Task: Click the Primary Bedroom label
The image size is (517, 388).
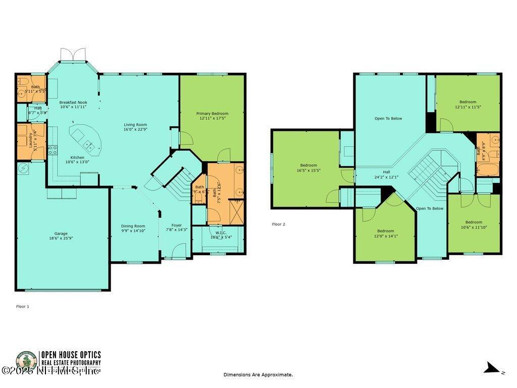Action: point(212,114)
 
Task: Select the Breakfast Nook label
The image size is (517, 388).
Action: point(73,103)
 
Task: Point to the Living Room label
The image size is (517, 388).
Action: point(135,125)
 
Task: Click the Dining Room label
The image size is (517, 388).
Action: point(133,226)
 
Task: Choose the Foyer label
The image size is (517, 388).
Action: point(176,225)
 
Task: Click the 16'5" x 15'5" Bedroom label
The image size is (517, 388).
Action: point(308,165)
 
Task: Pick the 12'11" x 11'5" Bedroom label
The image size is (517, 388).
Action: point(468,102)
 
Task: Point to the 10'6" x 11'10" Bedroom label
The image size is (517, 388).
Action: point(474,222)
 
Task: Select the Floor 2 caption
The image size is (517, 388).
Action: point(279,224)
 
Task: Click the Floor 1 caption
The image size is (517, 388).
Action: point(23,306)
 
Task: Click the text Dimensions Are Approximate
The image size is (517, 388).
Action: point(258,375)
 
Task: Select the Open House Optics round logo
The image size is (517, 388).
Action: point(26,362)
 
